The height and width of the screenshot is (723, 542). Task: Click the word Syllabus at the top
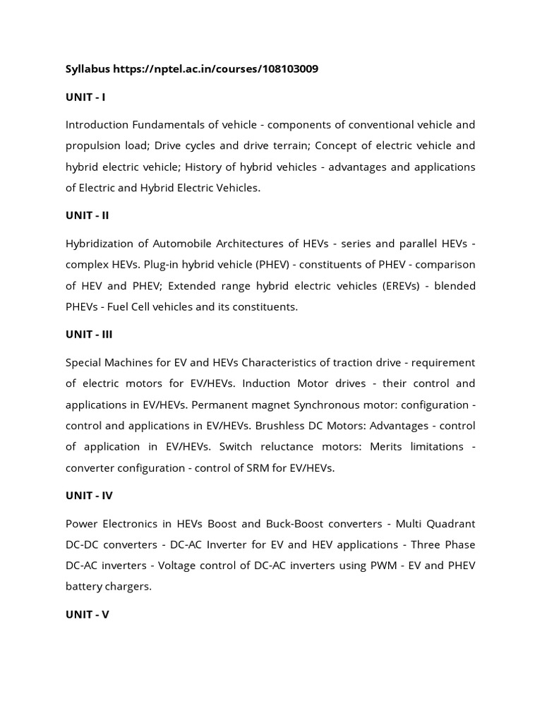[88, 69]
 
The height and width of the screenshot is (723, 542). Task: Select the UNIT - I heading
[85, 97]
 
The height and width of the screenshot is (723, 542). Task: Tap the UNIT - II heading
[88, 215]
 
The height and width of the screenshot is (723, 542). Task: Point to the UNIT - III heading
[89, 335]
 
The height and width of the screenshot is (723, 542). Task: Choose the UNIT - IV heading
[89, 496]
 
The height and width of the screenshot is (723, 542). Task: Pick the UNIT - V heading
[88, 614]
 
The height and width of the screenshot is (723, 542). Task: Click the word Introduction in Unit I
[97, 125]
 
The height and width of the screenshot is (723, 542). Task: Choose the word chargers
[129, 586]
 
